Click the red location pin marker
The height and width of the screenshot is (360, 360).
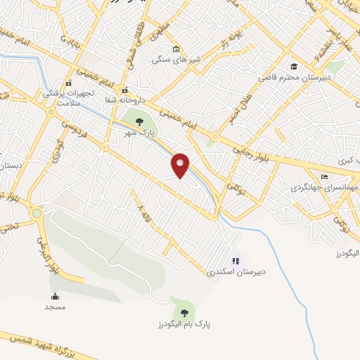pos(181,165)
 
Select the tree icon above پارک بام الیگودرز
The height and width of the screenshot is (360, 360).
pos(184,312)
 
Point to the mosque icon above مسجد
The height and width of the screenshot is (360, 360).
pos(55,296)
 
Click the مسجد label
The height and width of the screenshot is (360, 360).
pos(55,307)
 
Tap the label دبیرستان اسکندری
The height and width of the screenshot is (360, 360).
pos(231,271)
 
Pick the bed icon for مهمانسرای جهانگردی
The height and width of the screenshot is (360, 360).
pos(324,177)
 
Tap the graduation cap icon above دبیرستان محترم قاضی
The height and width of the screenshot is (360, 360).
pos(292,67)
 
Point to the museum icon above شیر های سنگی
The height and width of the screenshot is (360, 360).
pos(175,49)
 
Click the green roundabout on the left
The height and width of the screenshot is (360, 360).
pos(37,212)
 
